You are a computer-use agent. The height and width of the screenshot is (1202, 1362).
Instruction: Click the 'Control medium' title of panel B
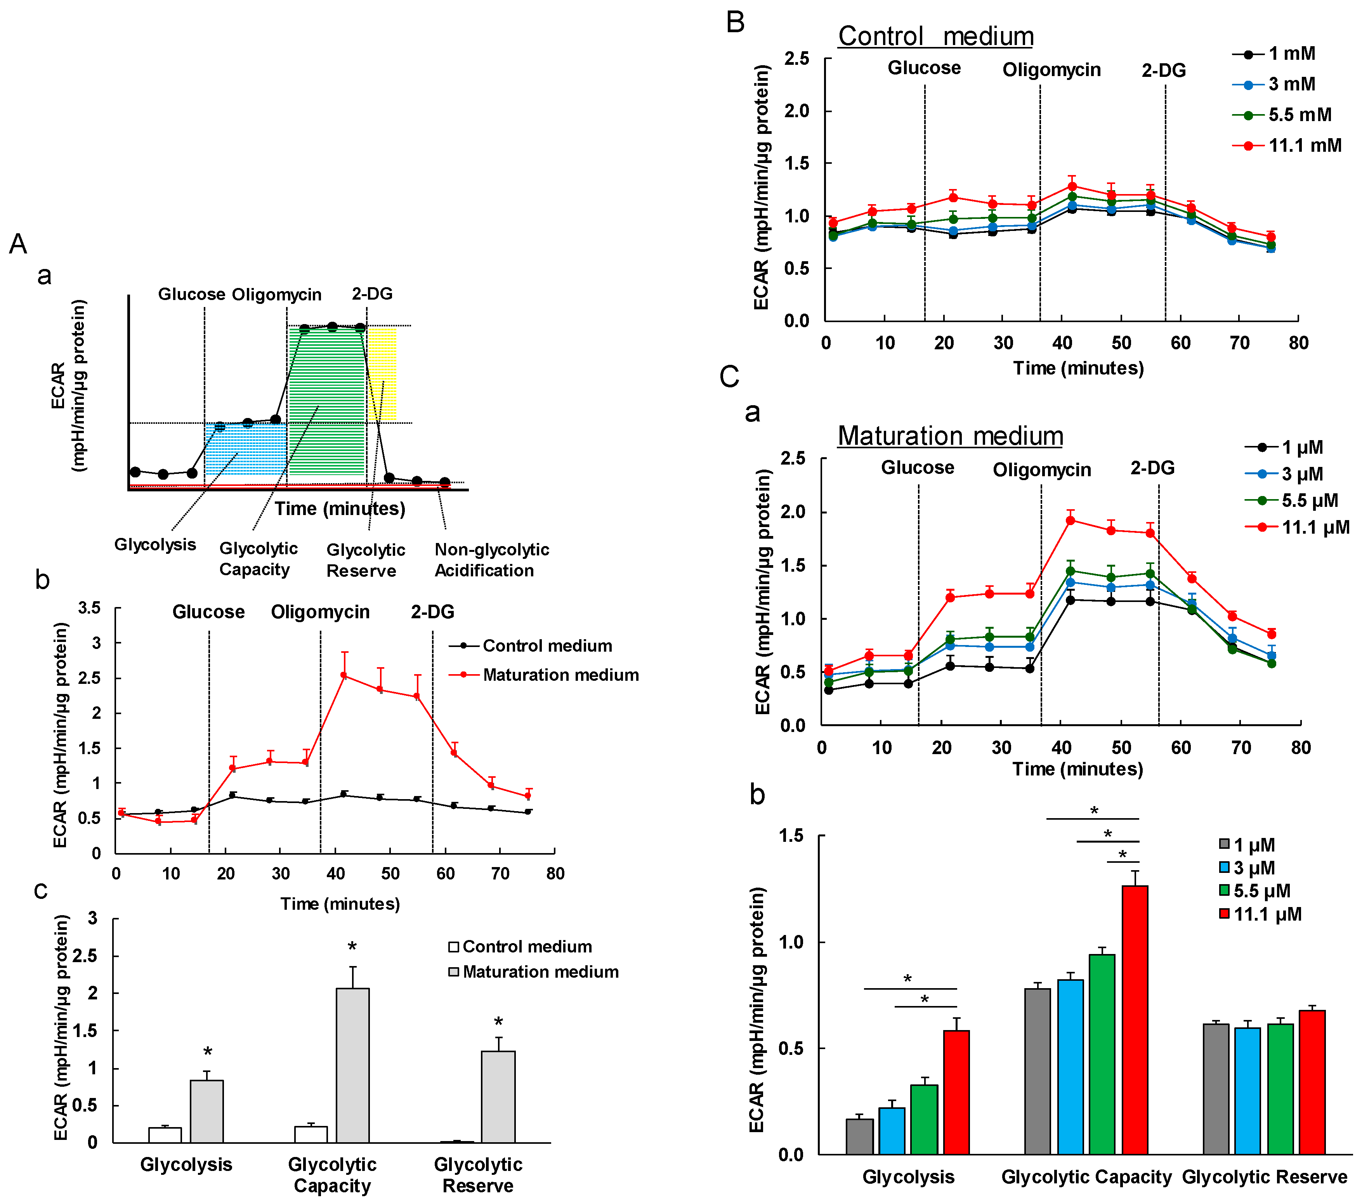[935, 36]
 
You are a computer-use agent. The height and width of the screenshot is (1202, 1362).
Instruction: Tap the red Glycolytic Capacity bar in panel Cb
[1135, 1020]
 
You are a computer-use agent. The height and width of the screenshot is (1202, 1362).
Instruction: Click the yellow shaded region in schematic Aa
[382, 373]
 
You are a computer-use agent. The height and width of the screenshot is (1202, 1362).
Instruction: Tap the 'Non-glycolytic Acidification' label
[492, 560]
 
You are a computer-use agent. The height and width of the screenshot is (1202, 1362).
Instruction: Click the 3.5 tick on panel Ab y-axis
[90, 608]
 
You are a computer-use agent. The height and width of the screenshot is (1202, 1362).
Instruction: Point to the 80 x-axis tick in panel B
[1298, 343]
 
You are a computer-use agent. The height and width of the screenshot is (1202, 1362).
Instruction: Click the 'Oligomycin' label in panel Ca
[1041, 470]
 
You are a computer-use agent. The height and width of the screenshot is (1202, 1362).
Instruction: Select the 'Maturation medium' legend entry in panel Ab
[560, 675]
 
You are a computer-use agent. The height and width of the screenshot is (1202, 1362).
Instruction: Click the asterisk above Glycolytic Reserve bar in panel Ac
[498, 1022]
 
